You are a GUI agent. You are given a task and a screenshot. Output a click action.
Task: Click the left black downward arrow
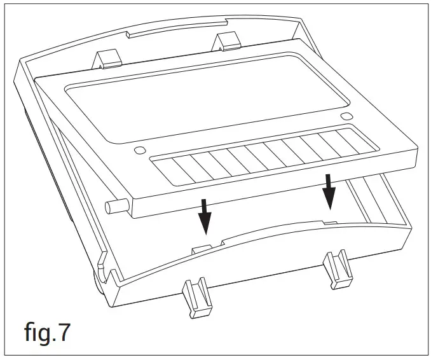(204, 216)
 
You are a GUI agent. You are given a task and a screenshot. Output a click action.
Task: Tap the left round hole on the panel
(138, 151)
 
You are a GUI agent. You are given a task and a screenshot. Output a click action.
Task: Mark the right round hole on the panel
(346, 116)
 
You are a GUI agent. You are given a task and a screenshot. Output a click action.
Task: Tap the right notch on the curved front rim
(331, 224)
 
